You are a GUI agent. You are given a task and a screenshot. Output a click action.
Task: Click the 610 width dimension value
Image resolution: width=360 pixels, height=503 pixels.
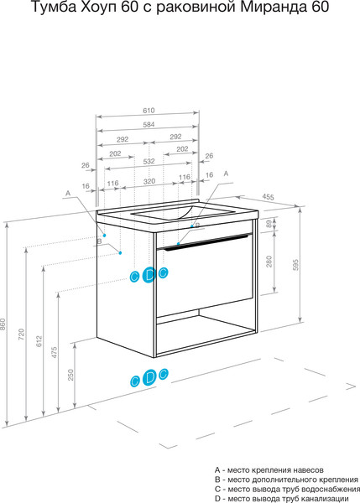click(149, 111)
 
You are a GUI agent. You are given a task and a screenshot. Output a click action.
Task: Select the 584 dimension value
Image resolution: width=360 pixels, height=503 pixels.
click(149, 124)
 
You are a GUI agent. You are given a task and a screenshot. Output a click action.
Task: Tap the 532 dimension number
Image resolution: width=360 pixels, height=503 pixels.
click(149, 161)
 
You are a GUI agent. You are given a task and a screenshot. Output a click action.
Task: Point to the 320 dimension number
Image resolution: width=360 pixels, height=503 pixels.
click(149, 181)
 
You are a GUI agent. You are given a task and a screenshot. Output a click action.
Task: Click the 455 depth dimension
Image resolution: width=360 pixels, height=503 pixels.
click(268, 197)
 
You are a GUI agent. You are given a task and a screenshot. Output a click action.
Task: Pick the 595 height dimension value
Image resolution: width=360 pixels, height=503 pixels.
click(295, 265)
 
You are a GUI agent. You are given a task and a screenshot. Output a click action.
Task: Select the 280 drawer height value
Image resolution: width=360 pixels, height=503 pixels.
click(269, 262)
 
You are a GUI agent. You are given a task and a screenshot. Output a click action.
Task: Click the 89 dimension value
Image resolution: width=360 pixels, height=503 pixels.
click(269, 224)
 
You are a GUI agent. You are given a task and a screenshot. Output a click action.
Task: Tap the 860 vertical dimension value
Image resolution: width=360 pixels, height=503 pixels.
click(3, 324)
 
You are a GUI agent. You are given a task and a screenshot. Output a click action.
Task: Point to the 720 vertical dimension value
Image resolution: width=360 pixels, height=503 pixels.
click(21, 334)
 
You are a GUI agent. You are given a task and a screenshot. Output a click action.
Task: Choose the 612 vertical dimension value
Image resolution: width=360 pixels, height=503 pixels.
click(39, 341)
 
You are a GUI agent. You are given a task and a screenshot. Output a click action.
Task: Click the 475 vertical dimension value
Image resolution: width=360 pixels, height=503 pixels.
click(55, 352)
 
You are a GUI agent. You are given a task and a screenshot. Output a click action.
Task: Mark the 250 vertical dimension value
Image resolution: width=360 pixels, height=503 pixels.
click(70, 375)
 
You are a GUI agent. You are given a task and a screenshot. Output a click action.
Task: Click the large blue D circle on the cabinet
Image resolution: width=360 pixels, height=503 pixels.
click(149, 275)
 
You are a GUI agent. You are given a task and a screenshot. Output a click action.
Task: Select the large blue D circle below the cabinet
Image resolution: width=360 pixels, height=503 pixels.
click(149, 377)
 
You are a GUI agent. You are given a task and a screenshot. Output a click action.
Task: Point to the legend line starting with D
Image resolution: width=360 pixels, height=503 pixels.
click(282, 499)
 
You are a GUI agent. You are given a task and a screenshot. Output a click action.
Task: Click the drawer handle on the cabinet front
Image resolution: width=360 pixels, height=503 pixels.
click(206, 241)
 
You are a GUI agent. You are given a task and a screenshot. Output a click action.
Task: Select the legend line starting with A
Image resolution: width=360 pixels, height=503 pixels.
click(269, 470)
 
